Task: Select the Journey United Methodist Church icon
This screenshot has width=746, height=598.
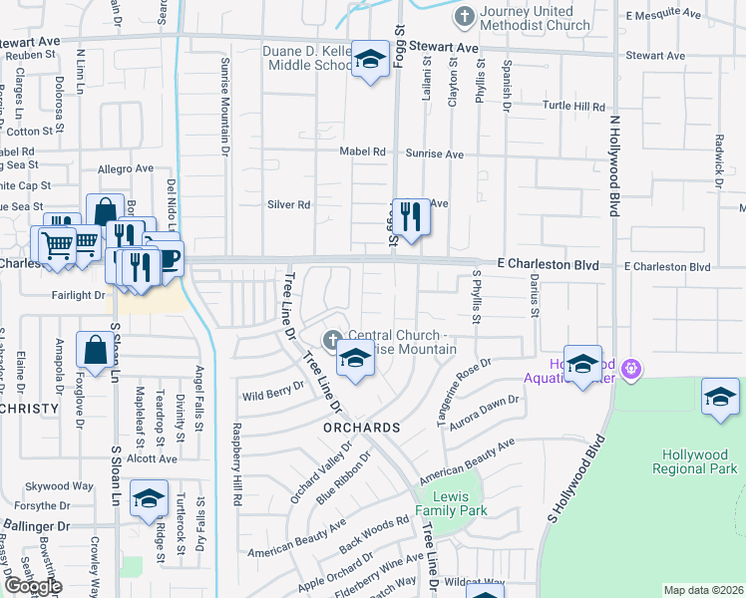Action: pyautogui.click(x=464, y=17)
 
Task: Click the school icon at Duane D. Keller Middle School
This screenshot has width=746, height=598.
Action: pyautogui.click(x=370, y=61)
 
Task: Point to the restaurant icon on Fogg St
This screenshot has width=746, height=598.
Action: pyautogui.click(x=410, y=215)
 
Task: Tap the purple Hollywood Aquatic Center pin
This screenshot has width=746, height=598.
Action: pyautogui.click(x=630, y=370)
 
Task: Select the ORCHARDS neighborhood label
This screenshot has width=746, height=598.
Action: pyautogui.click(x=361, y=427)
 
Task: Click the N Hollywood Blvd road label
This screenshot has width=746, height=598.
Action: pyautogui.click(x=615, y=165)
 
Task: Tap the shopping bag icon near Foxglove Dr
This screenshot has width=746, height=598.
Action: pyautogui.click(x=96, y=352)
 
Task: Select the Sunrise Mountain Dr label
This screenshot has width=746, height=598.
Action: pyautogui.click(x=224, y=102)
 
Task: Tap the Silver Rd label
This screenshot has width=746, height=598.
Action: pyautogui.click(x=289, y=204)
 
